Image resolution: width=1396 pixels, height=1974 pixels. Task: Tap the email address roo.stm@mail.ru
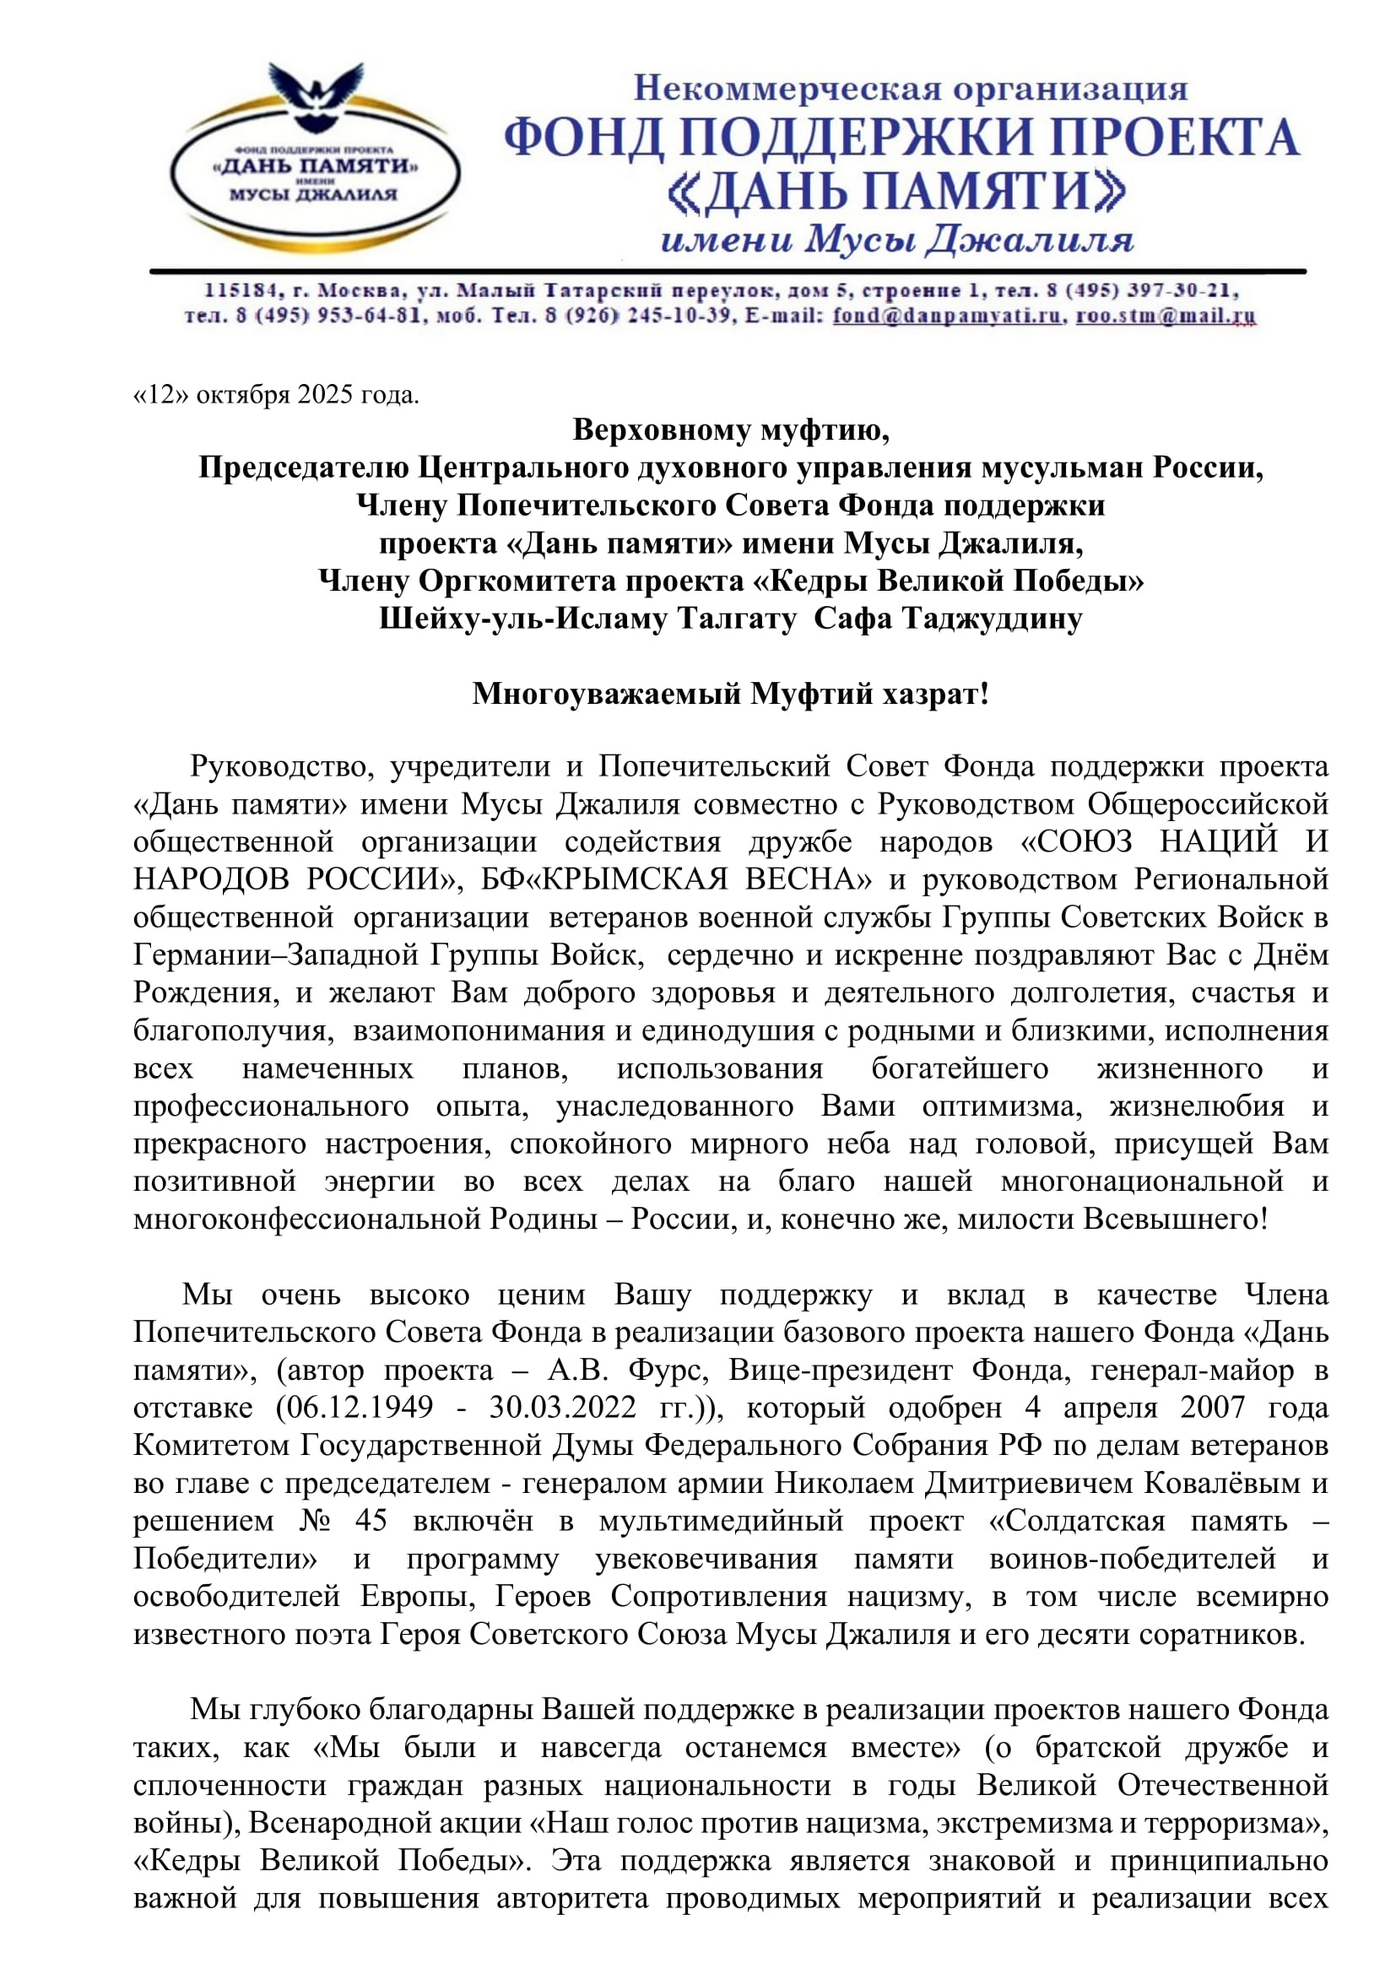pyautogui.click(x=1166, y=316)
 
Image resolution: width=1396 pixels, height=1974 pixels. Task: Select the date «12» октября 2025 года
pyautogui.click(x=276, y=395)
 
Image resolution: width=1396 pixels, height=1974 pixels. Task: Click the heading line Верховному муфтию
pyautogui.click(x=731, y=429)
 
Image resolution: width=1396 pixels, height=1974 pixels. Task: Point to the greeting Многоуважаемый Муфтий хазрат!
pyautogui.click(x=731, y=693)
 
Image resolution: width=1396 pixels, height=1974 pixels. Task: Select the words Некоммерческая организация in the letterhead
pyautogui.click(x=911, y=88)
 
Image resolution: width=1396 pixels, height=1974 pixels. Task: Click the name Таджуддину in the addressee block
pyautogui.click(x=992, y=618)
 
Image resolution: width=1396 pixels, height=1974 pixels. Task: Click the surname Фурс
pyautogui.click(x=668, y=1370)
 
